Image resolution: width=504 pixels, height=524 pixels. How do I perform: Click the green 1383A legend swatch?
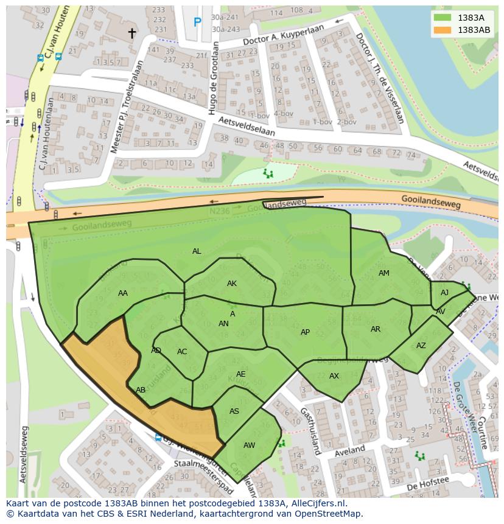click(x=443, y=18)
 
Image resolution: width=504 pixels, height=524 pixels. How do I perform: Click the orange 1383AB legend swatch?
click(x=443, y=30)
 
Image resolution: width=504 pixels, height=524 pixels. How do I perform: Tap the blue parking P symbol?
click(x=197, y=23)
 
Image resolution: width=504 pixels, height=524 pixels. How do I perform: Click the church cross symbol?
click(x=131, y=33)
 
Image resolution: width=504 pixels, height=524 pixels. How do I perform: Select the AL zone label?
click(x=197, y=251)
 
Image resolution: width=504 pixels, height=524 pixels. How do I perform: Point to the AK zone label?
click(x=232, y=284)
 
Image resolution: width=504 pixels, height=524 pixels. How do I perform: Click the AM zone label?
click(x=383, y=273)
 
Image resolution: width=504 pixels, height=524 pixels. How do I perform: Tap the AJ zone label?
click(x=444, y=293)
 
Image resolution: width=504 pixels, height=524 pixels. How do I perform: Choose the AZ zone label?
click(x=421, y=346)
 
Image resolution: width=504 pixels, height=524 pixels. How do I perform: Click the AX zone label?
click(x=334, y=376)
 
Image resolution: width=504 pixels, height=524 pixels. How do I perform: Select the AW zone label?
click(x=249, y=445)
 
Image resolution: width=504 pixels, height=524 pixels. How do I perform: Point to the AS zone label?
click(x=234, y=411)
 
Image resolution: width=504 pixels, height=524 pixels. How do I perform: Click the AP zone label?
click(x=305, y=332)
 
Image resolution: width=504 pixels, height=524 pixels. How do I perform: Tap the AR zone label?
click(x=376, y=329)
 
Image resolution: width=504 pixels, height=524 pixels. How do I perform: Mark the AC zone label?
click(x=182, y=352)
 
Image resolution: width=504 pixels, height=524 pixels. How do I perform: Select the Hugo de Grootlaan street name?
click(x=213, y=78)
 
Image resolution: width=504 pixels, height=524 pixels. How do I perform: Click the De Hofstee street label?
click(x=427, y=483)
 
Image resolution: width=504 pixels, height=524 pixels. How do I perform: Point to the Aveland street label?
click(x=349, y=452)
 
